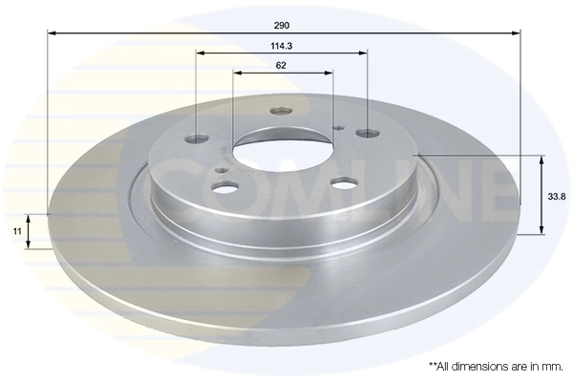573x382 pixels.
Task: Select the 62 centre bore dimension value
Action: pyautogui.click(x=282, y=65)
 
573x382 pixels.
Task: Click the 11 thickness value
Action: pyautogui.click(x=15, y=231)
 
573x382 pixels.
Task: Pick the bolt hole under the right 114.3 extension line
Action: pyautogui.click(x=368, y=135)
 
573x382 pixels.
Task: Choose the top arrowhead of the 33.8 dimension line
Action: pyautogui.click(x=541, y=157)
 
